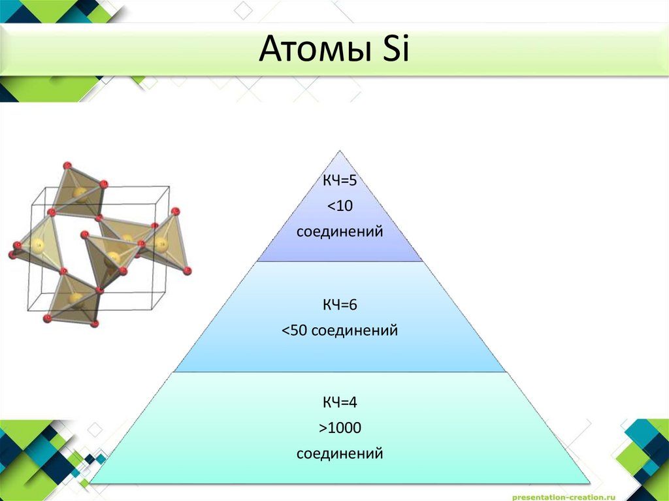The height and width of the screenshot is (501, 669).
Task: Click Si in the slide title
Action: (393, 50)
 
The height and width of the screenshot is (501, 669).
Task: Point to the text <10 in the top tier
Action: (339, 206)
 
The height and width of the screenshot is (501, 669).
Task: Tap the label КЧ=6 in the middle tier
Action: (339, 305)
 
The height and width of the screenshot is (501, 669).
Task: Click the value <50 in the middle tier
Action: (295, 331)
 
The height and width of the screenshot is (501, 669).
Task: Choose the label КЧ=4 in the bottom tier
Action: (339, 402)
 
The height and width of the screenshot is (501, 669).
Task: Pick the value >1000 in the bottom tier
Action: (339, 428)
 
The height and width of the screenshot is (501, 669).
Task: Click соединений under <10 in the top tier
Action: (339, 232)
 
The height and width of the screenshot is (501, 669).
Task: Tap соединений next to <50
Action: (355, 331)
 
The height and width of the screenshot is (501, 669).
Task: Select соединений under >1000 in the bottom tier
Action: (339, 453)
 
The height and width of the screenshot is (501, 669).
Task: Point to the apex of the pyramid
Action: (339, 152)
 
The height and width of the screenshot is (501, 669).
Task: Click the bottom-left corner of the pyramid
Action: (91, 483)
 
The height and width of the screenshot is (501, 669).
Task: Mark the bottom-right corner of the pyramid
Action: (589, 483)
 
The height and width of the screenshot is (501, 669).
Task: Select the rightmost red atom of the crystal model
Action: (188, 270)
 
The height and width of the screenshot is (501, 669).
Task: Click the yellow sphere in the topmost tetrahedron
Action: (80, 193)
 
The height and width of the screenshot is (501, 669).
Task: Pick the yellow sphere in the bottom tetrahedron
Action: (76, 300)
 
